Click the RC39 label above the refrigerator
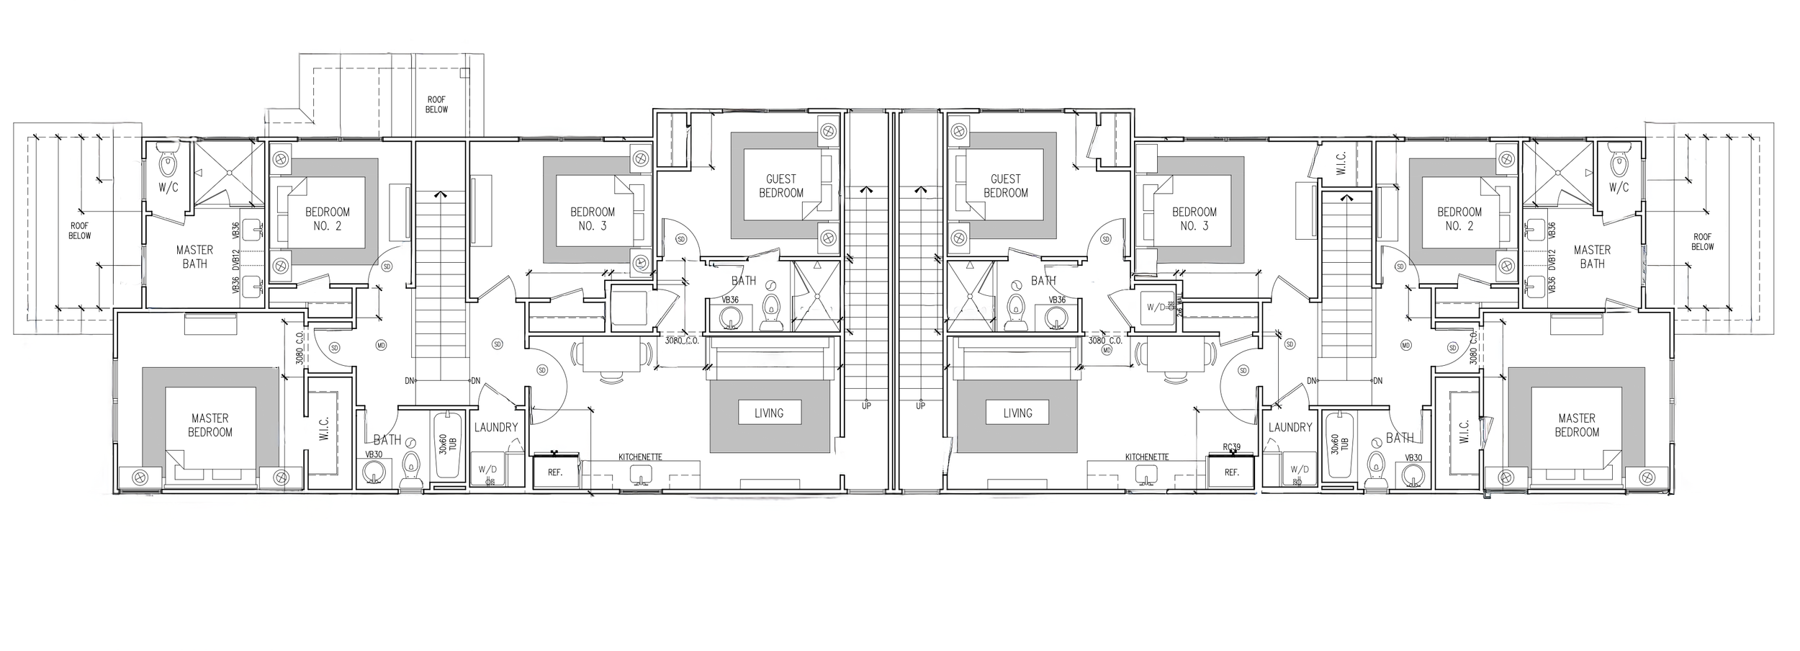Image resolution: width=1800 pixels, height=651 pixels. pyautogui.click(x=1231, y=447)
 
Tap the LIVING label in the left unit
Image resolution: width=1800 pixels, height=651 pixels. pyautogui.click(x=769, y=413)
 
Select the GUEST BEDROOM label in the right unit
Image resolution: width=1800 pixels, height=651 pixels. pyautogui.click(x=1005, y=186)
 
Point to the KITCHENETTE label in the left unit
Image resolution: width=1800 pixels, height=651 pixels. pyautogui.click(x=640, y=457)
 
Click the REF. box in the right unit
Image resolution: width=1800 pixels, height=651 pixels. pyautogui.click(x=1232, y=472)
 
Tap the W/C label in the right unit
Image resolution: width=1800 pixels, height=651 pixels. pyautogui.click(x=1619, y=188)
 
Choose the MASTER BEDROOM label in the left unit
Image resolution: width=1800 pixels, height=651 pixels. pyautogui.click(x=210, y=425)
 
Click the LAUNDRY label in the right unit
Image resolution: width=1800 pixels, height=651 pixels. pyautogui.click(x=1290, y=427)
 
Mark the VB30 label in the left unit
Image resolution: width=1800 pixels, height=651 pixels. pyautogui.click(x=374, y=454)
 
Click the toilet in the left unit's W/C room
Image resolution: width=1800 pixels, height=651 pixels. pyautogui.click(x=169, y=164)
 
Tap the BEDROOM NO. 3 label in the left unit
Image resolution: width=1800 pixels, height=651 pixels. pyautogui.click(x=593, y=219)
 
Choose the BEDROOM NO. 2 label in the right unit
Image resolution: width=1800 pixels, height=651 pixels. pyautogui.click(x=1459, y=219)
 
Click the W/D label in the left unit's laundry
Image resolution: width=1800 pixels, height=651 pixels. pyautogui.click(x=487, y=470)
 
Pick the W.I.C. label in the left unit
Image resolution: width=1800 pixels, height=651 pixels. pyautogui.click(x=323, y=430)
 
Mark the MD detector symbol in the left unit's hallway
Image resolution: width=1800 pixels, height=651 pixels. pyautogui.click(x=382, y=346)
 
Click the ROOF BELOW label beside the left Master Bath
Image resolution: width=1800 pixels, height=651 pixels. pyautogui.click(x=80, y=230)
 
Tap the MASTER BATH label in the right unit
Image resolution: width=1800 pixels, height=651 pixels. pyautogui.click(x=1592, y=257)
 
